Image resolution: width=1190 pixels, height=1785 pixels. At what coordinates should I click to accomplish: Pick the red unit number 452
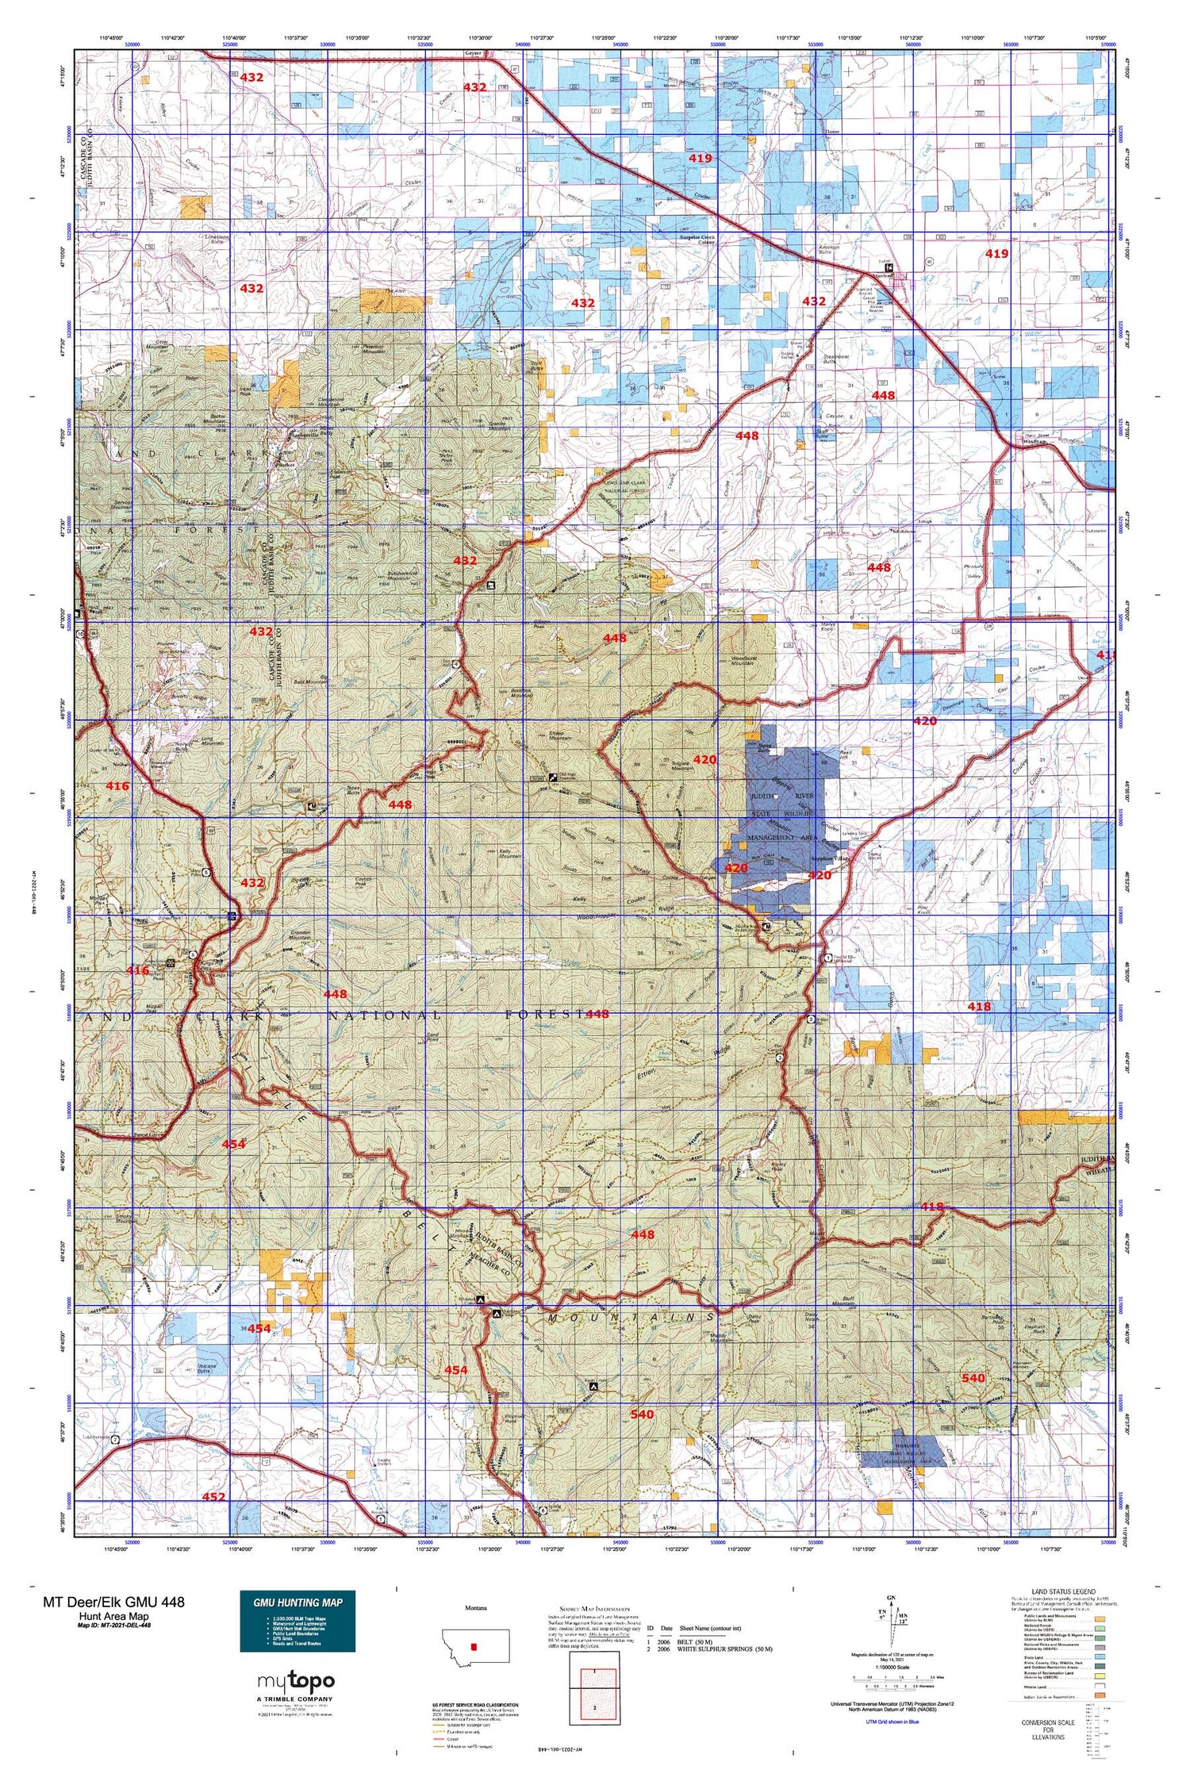213,1497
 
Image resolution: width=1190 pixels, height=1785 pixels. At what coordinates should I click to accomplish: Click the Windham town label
1035,441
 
